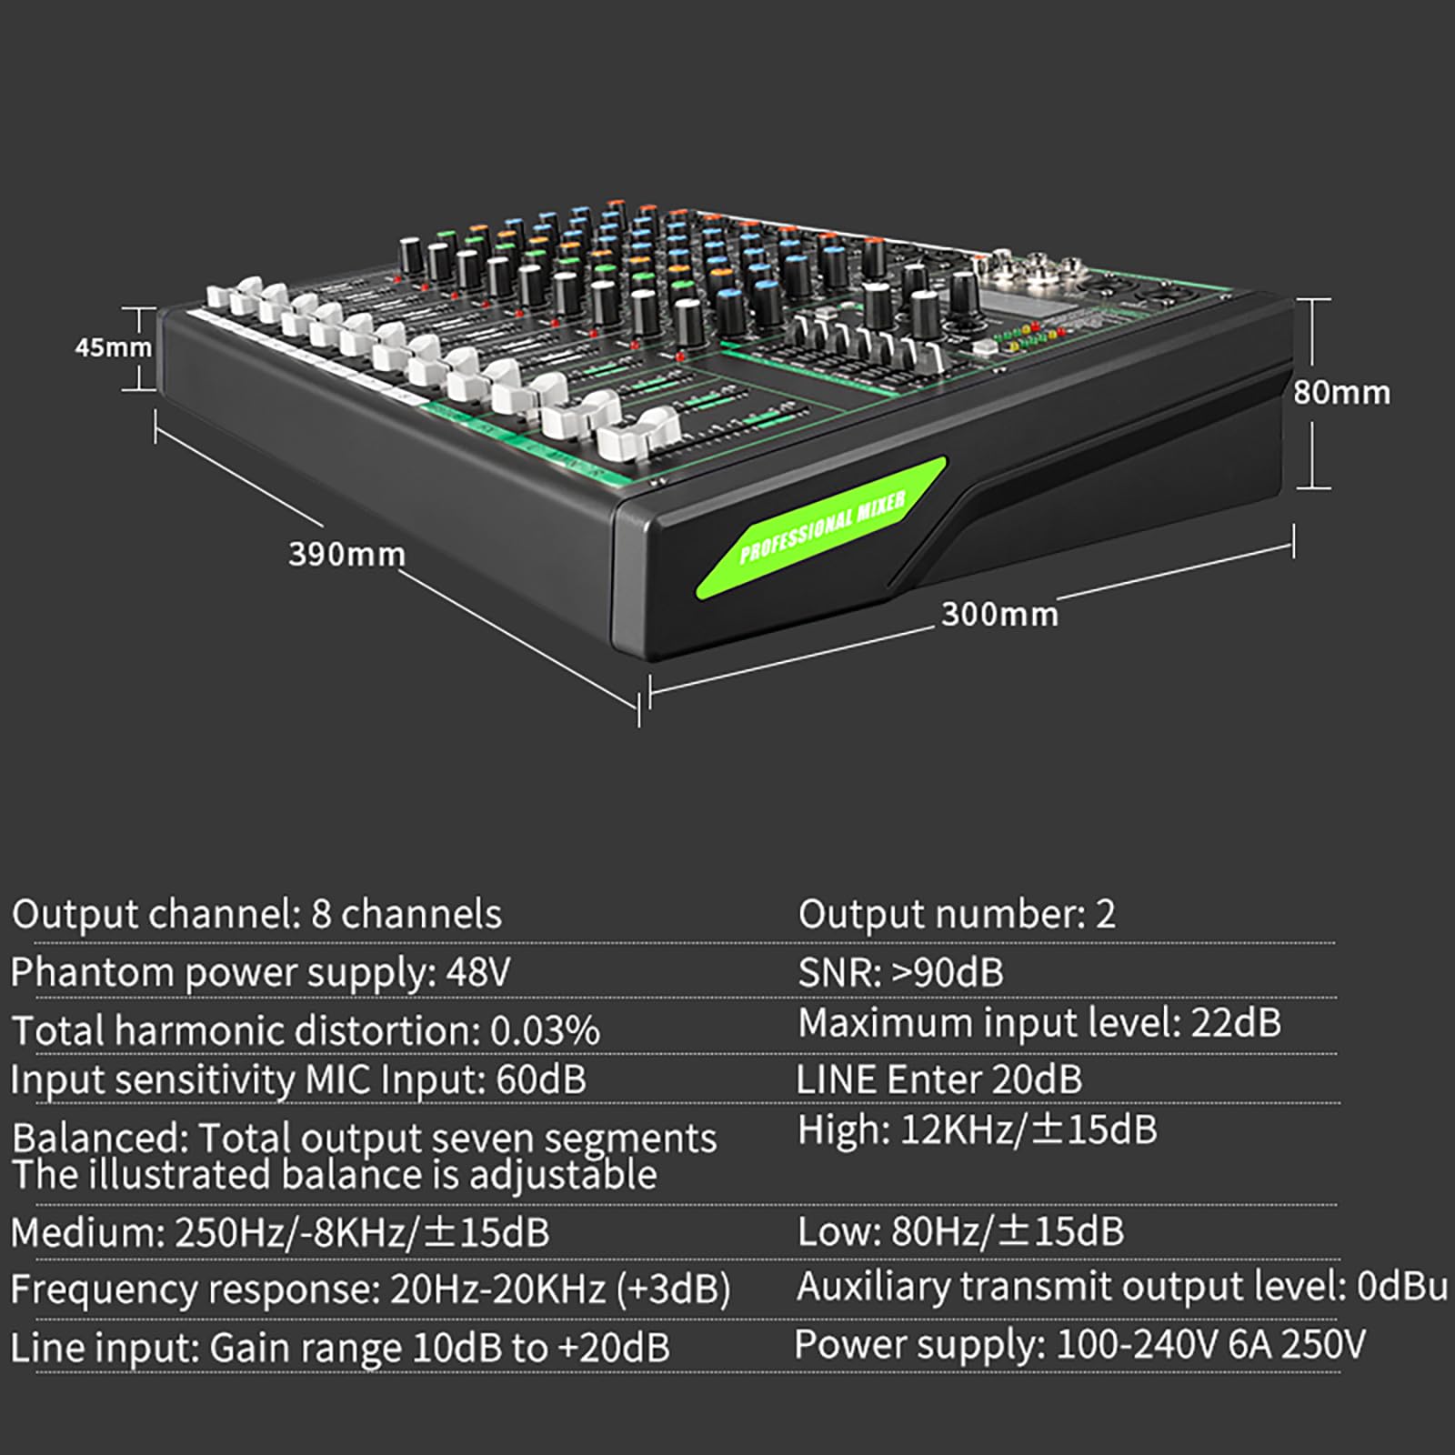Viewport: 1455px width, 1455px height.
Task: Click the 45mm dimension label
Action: click(x=114, y=346)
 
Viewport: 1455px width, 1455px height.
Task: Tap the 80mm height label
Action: click(x=1342, y=392)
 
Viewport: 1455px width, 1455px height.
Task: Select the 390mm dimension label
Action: click(x=346, y=554)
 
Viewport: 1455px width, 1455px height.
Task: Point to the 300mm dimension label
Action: click(x=1000, y=614)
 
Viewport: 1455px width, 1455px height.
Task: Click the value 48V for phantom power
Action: click(x=477, y=972)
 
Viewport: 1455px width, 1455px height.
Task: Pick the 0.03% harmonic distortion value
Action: click(x=545, y=1030)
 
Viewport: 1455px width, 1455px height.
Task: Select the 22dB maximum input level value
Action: click(x=1236, y=1023)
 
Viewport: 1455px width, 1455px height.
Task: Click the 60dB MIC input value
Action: click(x=541, y=1079)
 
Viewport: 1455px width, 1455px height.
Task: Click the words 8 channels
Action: click(x=406, y=914)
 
